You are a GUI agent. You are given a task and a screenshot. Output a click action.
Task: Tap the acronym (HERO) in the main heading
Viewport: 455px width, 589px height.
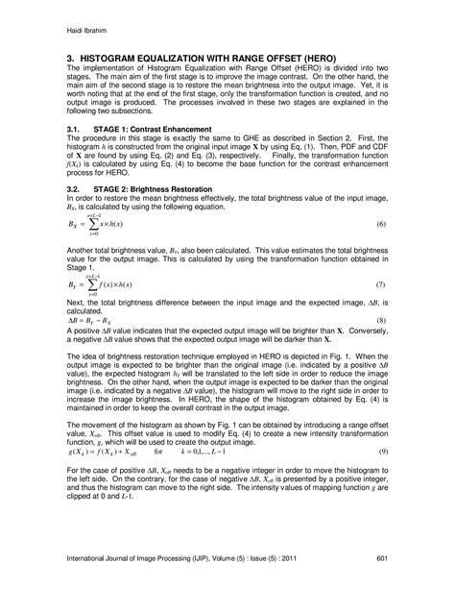point(315,59)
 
